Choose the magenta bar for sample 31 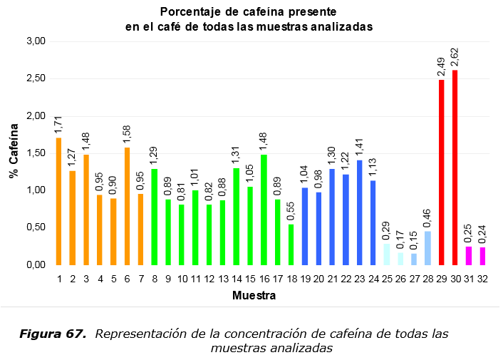tap(469, 256)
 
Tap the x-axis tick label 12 tap(209, 278)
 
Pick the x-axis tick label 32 tap(482, 278)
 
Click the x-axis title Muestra tap(254, 294)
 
